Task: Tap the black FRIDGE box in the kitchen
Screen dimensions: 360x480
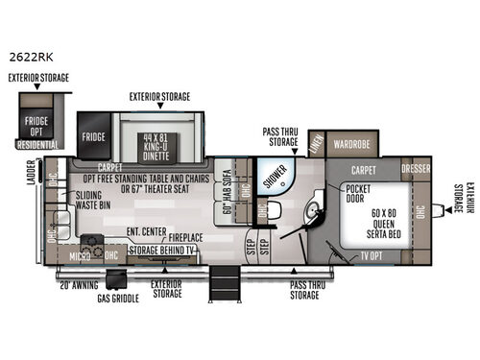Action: coord(93,136)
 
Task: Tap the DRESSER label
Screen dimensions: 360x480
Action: coord(416,168)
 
